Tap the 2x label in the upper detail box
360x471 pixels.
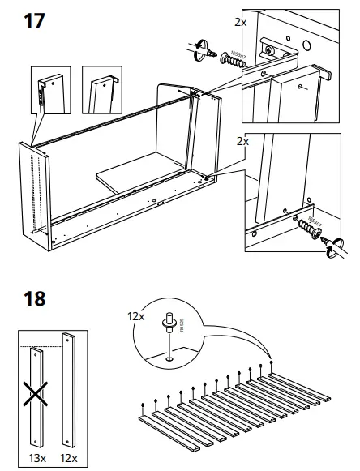coord(240,23)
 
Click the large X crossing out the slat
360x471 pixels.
coord(34,395)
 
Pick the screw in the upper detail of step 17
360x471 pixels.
coord(229,59)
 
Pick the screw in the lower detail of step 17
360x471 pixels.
coord(306,226)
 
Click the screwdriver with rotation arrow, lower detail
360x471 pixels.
coord(333,245)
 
